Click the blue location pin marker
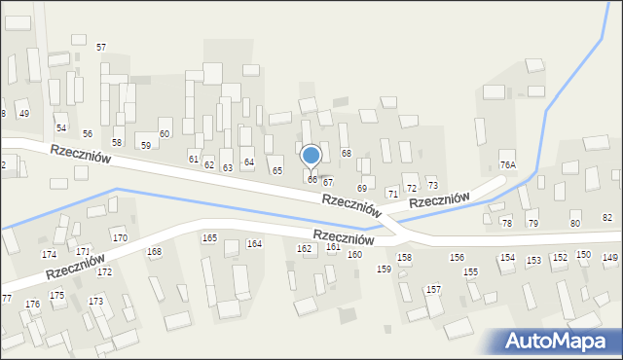(x=311, y=156)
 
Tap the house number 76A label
(x=507, y=165)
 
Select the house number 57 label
(x=100, y=47)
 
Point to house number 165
(x=209, y=238)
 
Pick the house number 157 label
(x=434, y=290)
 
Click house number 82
(x=607, y=217)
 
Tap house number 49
(x=24, y=114)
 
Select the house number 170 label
(x=120, y=238)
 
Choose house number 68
(x=347, y=154)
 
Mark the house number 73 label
(x=433, y=185)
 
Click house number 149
(x=610, y=257)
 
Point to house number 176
(x=33, y=305)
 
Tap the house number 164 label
(x=254, y=243)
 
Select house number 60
(x=165, y=133)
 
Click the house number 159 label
(x=384, y=269)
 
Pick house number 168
(x=154, y=252)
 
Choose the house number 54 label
(x=60, y=128)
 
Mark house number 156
(x=457, y=257)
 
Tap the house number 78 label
(x=506, y=224)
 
